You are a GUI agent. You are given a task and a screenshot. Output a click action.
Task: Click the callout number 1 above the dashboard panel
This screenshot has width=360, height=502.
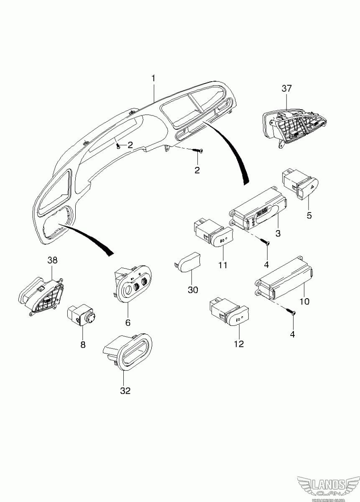pyautogui.click(x=153, y=78)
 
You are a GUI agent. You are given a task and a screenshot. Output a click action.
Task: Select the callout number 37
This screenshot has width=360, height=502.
pyautogui.click(x=287, y=88)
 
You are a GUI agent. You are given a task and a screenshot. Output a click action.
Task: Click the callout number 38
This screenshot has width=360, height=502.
pyautogui.click(x=52, y=260)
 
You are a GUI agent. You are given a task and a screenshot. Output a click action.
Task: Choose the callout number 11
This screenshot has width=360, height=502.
pyautogui.click(x=222, y=265)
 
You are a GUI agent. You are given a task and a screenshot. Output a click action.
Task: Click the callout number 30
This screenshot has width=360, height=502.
pyautogui.click(x=193, y=289)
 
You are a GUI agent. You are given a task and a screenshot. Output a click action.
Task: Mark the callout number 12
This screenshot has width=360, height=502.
pyautogui.click(x=239, y=344)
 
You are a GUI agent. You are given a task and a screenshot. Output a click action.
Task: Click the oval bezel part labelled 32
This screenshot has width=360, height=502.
pyautogui.click(x=128, y=351)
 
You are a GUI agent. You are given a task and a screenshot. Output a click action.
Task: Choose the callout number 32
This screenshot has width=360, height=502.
pyautogui.click(x=125, y=391)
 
